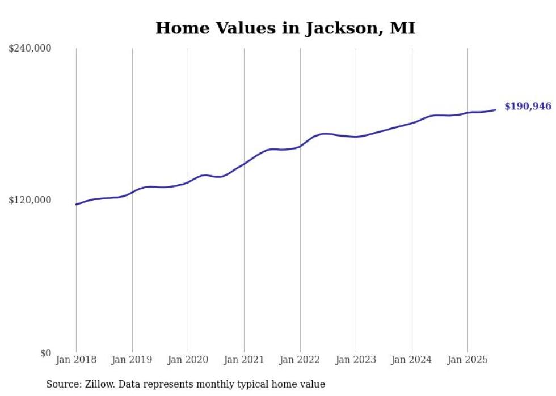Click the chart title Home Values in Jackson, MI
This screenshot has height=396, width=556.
click(x=285, y=28)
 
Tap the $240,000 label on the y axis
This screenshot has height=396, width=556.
click(x=30, y=49)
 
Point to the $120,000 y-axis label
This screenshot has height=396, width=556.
click(x=30, y=201)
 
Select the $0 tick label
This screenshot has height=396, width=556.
click(x=45, y=353)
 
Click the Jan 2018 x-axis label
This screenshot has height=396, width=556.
click(x=76, y=360)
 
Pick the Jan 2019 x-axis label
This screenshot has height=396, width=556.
click(x=132, y=360)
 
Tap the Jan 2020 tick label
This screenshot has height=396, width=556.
click(x=188, y=360)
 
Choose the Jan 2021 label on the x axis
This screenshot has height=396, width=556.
click(x=244, y=360)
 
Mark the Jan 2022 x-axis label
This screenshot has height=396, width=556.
click(x=300, y=360)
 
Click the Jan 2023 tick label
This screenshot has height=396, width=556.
click(x=356, y=360)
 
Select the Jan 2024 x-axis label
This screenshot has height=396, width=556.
click(x=412, y=360)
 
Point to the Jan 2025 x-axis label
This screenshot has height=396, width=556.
click(x=467, y=360)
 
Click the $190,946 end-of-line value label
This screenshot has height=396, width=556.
click(x=528, y=107)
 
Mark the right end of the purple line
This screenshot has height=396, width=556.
click(x=495, y=110)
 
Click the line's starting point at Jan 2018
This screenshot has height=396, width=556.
click(x=76, y=204)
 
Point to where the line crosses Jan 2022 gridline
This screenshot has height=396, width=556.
click(x=300, y=146)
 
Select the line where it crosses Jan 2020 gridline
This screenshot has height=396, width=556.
click(x=188, y=182)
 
